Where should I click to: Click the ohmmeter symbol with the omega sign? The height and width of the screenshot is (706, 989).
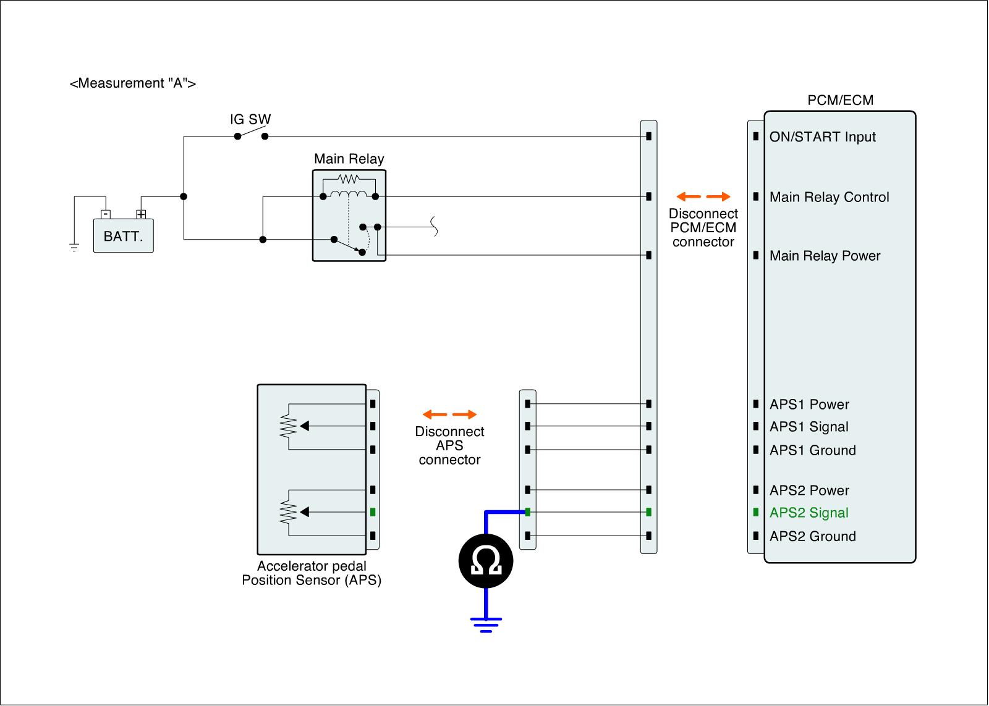tap(486, 561)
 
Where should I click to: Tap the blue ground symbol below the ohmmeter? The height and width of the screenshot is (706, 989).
tap(486, 624)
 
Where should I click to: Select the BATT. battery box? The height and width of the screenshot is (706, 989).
tap(124, 235)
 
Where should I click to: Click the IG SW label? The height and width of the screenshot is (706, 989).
tap(250, 120)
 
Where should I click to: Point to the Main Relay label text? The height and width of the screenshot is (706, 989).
tap(349, 159)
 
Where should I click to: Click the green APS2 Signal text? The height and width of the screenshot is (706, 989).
tap(809, 513)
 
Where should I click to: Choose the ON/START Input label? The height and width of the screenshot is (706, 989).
tap(822, 137)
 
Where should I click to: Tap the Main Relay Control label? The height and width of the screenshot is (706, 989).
tap(829, 197)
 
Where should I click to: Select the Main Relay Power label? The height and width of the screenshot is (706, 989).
tap(825, 256)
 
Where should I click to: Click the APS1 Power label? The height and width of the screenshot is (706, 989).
tap(809, 405)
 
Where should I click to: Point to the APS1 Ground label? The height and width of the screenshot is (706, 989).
tap(812, 450)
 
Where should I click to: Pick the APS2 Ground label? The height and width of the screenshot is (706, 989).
tap(812, 536)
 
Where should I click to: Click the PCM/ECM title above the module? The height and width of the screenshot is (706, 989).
tap(840, 101)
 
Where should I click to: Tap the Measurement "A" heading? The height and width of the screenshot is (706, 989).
tap(133, 83)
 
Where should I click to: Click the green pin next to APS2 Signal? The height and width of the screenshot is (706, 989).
tap(756, 513)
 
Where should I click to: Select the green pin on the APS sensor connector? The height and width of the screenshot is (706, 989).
tap(373, 512)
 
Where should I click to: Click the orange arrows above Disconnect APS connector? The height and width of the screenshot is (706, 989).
tap(449, 414)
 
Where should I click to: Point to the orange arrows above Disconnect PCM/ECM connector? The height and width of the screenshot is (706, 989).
tap(703, 197)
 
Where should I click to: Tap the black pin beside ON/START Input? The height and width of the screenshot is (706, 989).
tap(756, 137)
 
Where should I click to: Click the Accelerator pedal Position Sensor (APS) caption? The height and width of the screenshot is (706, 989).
tap(312, 573)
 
